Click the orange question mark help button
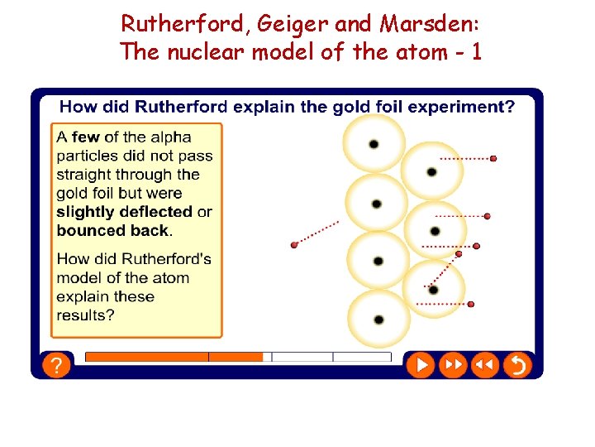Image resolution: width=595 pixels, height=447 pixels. (55, 365)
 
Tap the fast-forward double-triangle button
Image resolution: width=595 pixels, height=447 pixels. (452, 365)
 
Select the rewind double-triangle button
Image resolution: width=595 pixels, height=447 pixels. (485, 365)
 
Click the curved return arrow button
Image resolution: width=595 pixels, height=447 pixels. (517, 365)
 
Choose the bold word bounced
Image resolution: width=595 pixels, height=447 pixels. (88, 230)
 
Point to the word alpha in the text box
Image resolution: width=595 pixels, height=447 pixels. (170, 137)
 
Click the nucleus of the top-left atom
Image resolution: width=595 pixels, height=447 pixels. (374, 144)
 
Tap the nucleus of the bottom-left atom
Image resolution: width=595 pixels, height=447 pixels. (378, 320)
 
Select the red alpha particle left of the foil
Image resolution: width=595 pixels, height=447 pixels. (294, 245)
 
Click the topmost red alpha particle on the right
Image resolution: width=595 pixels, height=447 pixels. (493, 158)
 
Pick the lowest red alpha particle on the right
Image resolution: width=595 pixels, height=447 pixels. (471, 305)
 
